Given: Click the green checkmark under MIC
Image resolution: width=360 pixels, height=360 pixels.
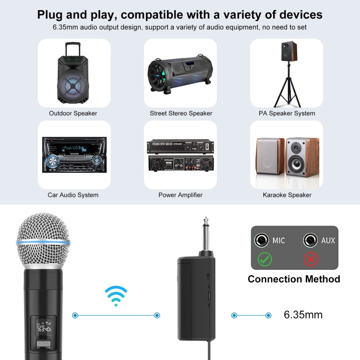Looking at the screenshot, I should tap(264, 259).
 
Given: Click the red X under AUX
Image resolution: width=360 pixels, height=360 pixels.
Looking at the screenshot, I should tap(312, 259).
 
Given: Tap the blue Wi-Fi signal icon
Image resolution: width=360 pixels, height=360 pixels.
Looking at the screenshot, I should tap(116, 296).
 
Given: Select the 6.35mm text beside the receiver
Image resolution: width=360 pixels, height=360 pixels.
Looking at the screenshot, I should tap(303, 315).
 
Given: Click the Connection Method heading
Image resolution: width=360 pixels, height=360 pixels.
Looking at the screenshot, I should tap(294, 279).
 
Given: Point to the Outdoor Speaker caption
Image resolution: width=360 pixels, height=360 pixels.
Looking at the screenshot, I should tap(73, 113).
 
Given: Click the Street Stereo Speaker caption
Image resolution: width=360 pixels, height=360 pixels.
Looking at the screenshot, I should tap(180, 113).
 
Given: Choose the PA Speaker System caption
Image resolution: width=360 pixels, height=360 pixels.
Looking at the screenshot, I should tap(287, 113).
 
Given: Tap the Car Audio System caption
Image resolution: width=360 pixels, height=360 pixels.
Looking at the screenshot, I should tap(73, 195).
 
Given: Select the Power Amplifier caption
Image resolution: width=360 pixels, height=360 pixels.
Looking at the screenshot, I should tap(180, 195).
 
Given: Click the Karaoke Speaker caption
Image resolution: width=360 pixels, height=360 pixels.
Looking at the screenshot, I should tap(287, 195).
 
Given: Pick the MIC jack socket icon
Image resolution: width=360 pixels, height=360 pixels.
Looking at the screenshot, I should tap(262, 240).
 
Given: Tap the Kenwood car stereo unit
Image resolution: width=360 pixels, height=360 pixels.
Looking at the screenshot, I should tap(74, 154).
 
